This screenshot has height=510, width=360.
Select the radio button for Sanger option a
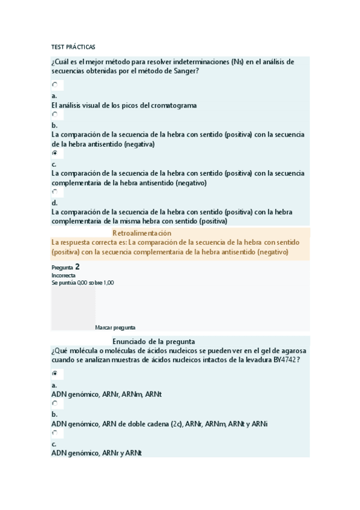(55, 85)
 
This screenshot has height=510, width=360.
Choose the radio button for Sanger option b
(55, 114)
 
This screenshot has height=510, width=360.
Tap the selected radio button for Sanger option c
(55, 153)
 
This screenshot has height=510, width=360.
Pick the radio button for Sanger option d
(55, 192)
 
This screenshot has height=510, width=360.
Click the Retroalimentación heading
(142, 233)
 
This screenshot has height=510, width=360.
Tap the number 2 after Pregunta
(78, 266)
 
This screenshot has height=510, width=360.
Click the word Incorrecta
(63, 275)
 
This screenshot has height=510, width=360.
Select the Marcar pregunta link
(115, 328)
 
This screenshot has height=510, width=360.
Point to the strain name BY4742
(285, 360)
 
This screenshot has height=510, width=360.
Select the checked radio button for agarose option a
(55, 373)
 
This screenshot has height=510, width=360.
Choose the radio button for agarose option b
(55, 404)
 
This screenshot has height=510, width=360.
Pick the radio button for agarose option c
(55, 433)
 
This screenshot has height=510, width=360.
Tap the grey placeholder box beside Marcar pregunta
(73, 309)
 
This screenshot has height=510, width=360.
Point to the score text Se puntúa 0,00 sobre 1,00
(82, 283)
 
